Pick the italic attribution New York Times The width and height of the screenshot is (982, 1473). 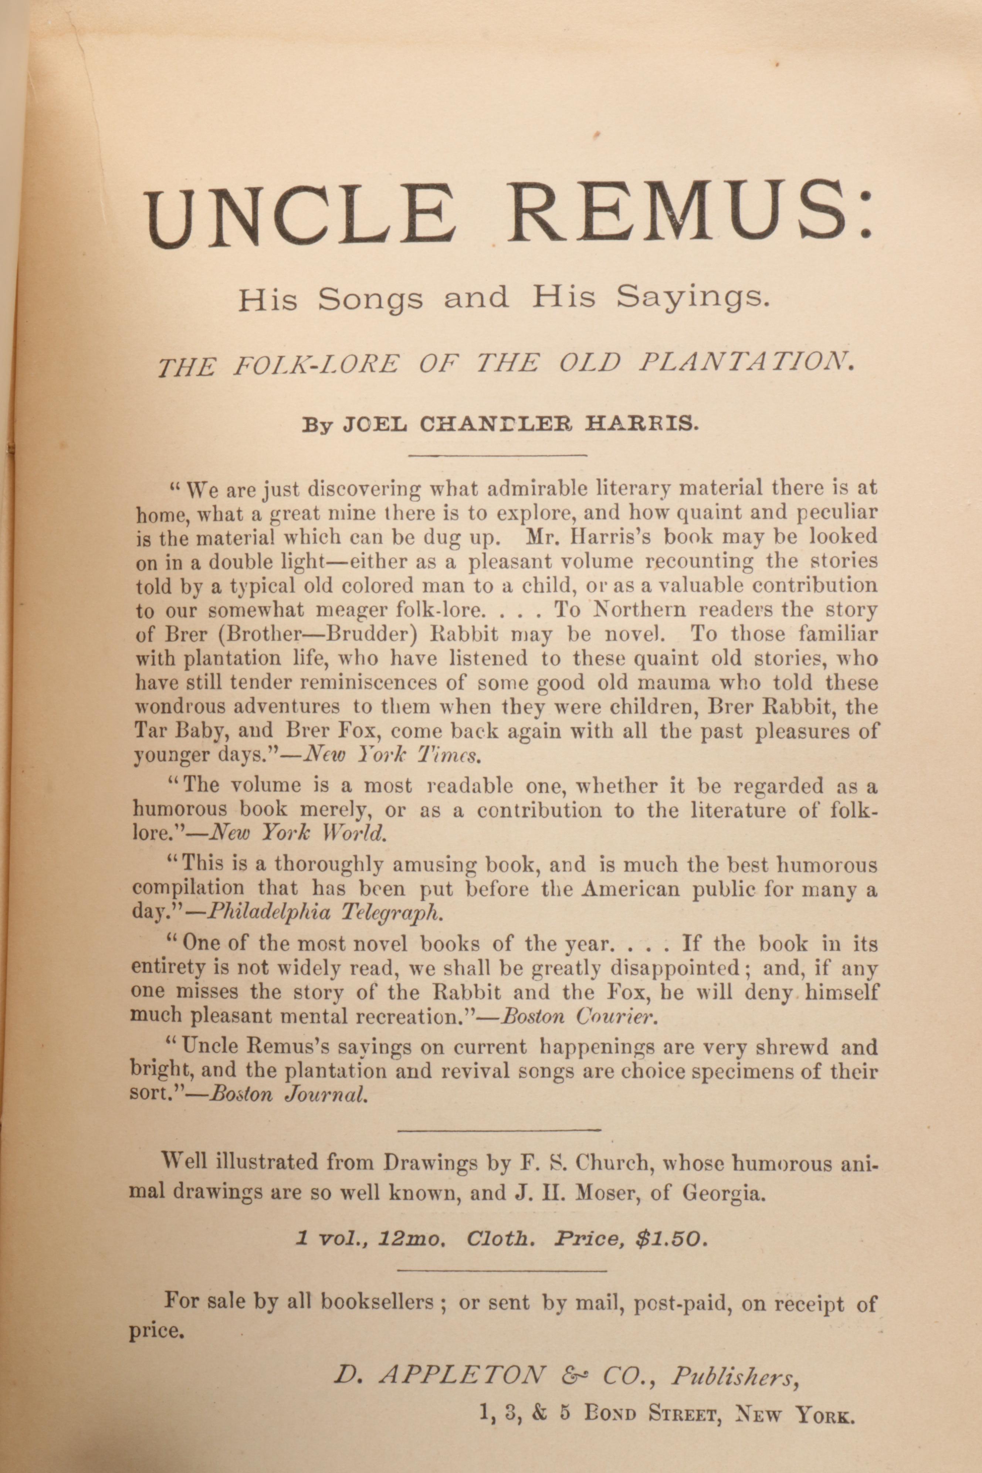[392, 756]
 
